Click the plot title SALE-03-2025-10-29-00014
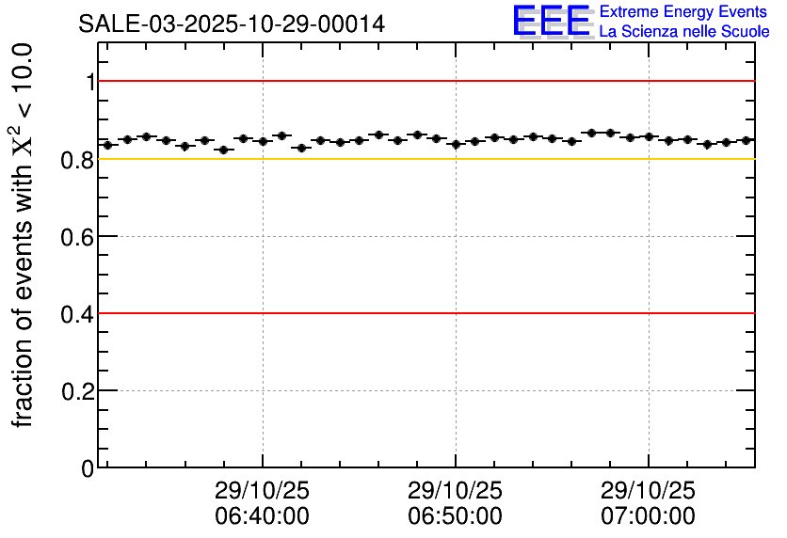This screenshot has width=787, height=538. (x=232, y=24)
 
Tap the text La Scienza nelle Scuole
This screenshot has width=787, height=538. (x=684, y=32)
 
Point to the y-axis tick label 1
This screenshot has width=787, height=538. (x=90, y=82)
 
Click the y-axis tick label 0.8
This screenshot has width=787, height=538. (x=78, y=159)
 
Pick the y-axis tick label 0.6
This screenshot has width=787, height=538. (x=78, y=236)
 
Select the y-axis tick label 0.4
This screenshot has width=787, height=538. (x=78, y=313)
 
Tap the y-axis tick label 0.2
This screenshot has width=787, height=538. (x=78, y=390)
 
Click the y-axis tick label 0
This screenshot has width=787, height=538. (x=88, y=467)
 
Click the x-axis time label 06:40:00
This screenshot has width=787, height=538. (x=262, y=516)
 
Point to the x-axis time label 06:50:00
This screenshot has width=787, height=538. (x=455, y=516)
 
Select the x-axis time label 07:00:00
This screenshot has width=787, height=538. (x=648, y=516)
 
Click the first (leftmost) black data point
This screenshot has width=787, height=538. (x=107, y=145)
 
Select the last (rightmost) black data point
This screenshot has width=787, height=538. (x=746, y=140)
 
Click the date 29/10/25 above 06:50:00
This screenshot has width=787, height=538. (x=455, y=491)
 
